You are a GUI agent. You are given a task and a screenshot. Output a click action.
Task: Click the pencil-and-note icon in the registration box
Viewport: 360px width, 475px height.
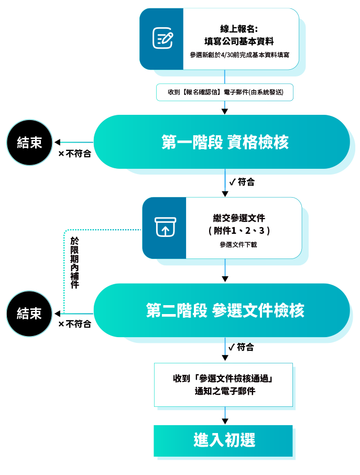click(162, 38)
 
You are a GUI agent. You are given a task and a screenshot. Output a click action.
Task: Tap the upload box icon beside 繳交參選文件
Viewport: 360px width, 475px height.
click(165, 227)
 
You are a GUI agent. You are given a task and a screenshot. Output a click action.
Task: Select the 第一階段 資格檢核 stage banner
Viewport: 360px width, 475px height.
click(222, 142)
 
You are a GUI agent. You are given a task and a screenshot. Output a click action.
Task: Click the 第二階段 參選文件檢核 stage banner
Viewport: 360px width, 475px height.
click(222, 310)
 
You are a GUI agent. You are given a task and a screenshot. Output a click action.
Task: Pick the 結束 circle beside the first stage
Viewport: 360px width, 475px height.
click(29, 143)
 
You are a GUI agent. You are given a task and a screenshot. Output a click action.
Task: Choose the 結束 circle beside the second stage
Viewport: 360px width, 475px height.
click(29, 314)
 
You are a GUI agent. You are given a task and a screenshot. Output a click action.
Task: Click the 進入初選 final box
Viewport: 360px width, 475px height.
click(223, 440)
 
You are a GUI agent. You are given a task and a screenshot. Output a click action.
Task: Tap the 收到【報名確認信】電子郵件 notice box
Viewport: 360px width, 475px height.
click(225, 92)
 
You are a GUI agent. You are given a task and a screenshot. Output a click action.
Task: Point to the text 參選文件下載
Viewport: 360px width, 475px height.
click(238, 245)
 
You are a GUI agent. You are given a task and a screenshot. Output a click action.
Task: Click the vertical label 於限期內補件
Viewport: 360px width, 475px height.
click(74, 262)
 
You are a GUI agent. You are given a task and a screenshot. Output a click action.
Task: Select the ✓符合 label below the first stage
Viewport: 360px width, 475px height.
click(242, 182)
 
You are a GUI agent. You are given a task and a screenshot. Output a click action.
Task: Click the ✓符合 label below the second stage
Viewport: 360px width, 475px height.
click(241, 347)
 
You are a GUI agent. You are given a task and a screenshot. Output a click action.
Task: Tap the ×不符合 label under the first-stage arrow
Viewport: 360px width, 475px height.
click(74, 154)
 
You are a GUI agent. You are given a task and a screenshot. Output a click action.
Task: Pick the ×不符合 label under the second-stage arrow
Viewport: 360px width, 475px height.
click(74, 324)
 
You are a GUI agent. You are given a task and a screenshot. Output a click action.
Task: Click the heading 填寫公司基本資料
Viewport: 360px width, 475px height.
click(239, 41)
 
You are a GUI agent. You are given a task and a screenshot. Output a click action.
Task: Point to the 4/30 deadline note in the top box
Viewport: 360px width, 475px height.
click(239, 55)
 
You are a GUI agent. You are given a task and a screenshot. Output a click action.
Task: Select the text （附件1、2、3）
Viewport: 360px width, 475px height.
click(239, 231)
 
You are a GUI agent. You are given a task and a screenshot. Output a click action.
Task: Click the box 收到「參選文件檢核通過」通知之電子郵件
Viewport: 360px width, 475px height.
click(223, 385)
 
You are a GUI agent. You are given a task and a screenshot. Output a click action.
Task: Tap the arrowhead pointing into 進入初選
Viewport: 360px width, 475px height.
click(225, 422)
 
